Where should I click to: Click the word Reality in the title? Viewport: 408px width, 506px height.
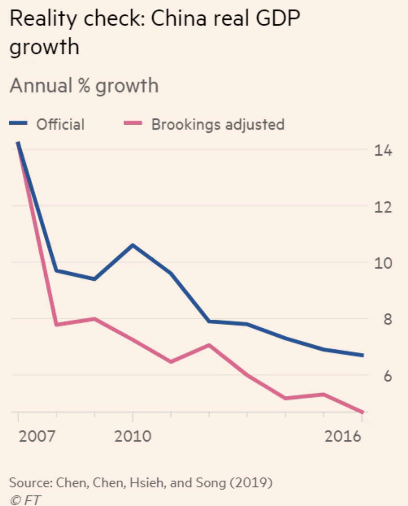tap(44, 20)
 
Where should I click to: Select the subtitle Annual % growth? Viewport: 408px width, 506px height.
tap(84, 86)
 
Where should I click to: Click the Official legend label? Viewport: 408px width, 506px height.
tap(60, 124)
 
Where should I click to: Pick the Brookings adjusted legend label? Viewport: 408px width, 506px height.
tap(218, 125)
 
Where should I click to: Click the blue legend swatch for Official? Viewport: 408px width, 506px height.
tap(18, 123)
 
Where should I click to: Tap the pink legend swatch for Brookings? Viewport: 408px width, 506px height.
tap(133, 123)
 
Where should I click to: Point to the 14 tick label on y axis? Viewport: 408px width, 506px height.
tap(383, 151)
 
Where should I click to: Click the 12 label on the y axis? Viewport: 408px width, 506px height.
tap(383, 207)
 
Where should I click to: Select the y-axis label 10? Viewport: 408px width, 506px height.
tap(383, 263)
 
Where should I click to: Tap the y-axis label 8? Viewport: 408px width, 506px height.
tap(387, 319)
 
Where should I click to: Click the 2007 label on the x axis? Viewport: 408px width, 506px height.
tap(37, 436)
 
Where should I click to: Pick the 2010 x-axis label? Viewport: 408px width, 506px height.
tap(133, 436)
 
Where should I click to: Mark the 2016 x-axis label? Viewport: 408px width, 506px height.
tap(343, 436)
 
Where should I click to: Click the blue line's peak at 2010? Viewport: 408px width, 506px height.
tap(133, 245)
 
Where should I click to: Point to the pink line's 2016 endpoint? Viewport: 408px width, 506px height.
tap(362, 412)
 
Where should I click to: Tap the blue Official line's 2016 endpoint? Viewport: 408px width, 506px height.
tap(362, 355)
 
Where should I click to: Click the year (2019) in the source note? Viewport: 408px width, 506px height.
tap(251, 483)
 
